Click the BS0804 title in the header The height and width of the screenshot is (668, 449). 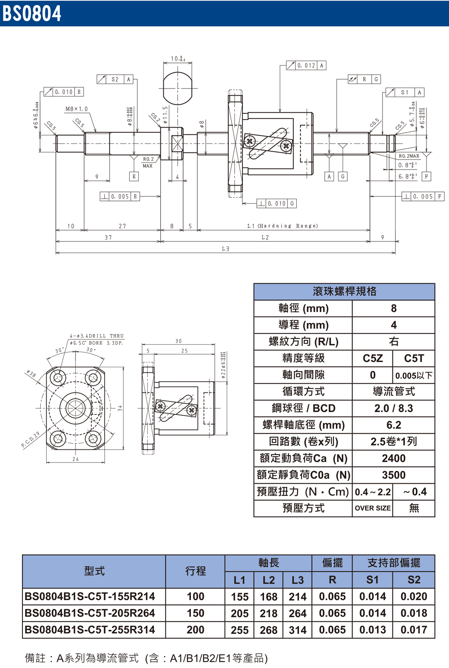point(31,13)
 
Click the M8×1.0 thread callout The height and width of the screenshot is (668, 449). point(76,109)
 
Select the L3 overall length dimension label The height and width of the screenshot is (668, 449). point(225,249)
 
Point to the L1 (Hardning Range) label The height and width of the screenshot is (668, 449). point(282,226)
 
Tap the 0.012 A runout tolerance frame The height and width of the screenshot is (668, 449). point(306,66)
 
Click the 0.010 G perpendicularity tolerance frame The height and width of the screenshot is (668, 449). point(277,204)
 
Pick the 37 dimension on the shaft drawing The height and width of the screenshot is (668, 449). point(108,237)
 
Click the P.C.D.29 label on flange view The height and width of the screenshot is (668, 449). point(30,440)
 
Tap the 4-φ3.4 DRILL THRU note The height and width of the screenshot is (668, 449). point(97,336)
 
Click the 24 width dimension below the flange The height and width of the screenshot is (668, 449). point(75,459)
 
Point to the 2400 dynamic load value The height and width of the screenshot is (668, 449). point(393,458)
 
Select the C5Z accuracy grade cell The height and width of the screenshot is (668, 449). point(372,358)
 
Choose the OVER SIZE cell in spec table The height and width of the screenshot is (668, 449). point(372,508)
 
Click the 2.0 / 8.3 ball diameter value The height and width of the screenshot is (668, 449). point(393,408)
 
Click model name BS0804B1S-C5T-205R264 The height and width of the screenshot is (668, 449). point(90,613)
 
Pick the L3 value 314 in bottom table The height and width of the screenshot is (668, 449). point(297,630)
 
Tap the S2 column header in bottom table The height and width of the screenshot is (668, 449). point(414,580)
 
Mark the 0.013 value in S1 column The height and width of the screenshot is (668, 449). point(372,630)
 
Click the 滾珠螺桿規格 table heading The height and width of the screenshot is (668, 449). point(344,291)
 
